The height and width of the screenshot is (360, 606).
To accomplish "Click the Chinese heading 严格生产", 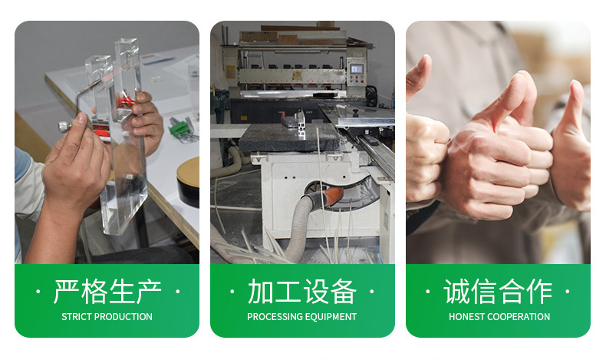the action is [x=107, y=292].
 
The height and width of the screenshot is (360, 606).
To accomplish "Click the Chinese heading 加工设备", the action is [x=301, y=292].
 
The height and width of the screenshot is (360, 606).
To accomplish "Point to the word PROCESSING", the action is [x=273, y=317].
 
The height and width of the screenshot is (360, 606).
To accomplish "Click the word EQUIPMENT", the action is [x=329, y=317].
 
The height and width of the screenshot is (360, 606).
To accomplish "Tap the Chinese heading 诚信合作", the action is [x=498, y=292].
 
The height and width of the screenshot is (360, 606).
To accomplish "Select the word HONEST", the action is [x=467, y=317].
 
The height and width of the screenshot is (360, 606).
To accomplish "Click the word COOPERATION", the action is [x=519, y=317].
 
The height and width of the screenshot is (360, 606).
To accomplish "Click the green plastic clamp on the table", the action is [x=179, y=127].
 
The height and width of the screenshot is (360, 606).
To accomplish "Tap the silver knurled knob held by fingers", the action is [x=64, y=127].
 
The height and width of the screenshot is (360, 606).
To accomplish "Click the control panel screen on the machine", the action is [x=357, y=69].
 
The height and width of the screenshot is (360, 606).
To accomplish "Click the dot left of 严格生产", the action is [x=38, y=291].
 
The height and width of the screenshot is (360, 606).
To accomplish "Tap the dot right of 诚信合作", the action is [x=567, y=291].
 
